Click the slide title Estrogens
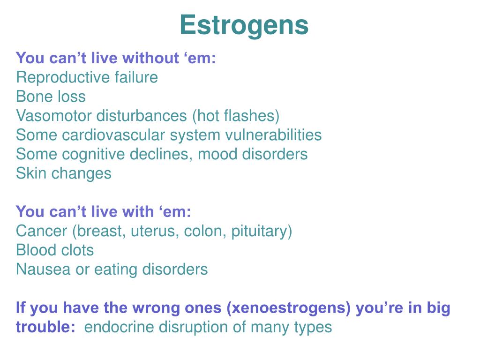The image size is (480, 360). click(x=244, y=25)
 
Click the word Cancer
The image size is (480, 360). click(x=42, y=231)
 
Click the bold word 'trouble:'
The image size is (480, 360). click(x=45, y=327)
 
